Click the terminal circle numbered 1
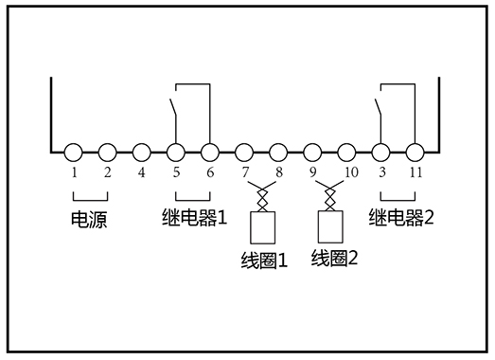click(74, 151)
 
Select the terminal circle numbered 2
click(108, 151)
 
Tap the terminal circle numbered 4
click(142, 151)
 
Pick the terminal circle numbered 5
click(176, 151)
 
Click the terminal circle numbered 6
click(210, 151)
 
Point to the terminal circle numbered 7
click(244, 151)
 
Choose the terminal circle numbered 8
click(278, 151)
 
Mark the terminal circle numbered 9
click(312, 151)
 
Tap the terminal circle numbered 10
click(346, 151)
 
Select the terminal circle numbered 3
click(380, 151)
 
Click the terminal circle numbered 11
click(415, 151)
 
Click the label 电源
click(90, 221)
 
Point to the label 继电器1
click(190, 219)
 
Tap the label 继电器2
click(400, 219)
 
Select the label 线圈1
click(264, 259)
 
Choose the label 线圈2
click(335, 257)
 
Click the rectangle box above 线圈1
click(261, 226)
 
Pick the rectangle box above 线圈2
click(330, 225)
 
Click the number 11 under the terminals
click(415, 174)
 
